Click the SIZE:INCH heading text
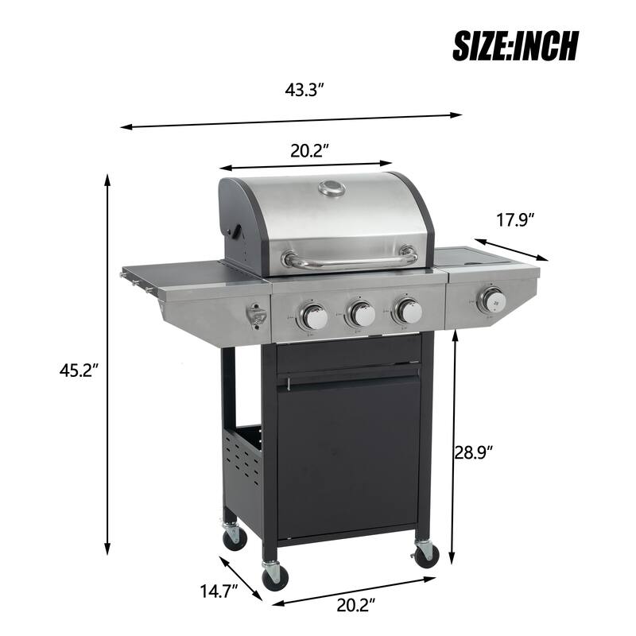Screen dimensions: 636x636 (515, 45)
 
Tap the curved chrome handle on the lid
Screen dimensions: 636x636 (351, 259)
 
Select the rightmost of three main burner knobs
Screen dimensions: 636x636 (409, 311)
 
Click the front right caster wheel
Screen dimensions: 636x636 (426, 554)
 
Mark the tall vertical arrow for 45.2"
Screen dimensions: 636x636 (107, 366)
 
